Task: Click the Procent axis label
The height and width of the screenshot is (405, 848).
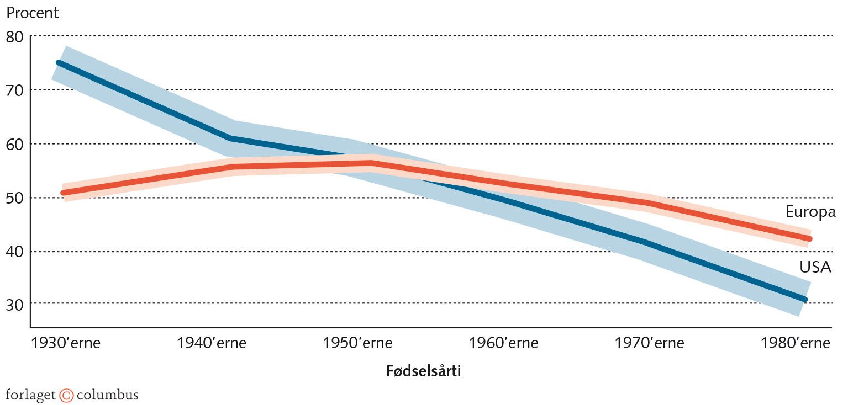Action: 32,13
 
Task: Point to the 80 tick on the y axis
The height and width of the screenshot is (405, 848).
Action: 15,37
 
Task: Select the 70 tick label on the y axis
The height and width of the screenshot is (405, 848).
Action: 15,90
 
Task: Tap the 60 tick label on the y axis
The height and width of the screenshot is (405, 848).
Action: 15,144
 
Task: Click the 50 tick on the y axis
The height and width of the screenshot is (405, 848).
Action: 15,198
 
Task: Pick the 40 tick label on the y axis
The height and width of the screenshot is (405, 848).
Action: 15,252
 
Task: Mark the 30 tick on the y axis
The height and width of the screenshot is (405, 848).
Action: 15,304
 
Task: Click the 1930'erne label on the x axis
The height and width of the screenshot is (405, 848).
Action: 65,343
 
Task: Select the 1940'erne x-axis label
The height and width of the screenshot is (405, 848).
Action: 211,343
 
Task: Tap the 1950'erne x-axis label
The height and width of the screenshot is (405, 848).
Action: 357,343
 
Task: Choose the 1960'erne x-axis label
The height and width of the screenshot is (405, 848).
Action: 503,343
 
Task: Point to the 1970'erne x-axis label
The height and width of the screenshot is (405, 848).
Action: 649,343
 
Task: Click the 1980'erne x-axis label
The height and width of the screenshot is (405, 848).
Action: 795,343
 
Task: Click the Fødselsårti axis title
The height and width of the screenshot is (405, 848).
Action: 423,371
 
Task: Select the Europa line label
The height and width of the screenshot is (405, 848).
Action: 810,212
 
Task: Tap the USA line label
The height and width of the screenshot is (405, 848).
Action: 815,267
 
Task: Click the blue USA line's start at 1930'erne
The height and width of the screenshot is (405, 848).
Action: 59,63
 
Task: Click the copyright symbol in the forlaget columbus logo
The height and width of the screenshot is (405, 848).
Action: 66,395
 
